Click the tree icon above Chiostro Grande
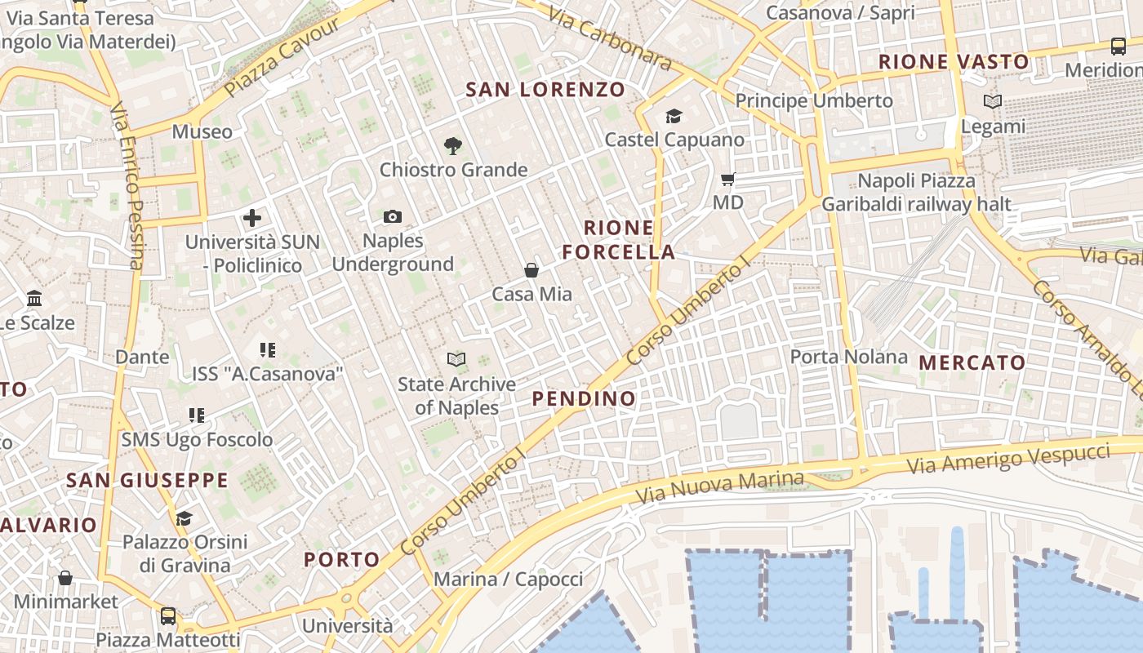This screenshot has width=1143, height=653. click(453, 146)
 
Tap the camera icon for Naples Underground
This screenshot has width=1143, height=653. click(393, 216)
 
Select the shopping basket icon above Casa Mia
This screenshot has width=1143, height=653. click(531, 270)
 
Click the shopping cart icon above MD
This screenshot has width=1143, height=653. click(727, 179)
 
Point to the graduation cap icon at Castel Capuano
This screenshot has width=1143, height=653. click(674, 117)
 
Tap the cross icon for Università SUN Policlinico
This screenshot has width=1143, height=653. click(252, 218)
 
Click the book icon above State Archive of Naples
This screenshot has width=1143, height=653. click(456, 359)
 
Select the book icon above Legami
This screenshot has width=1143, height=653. click(993, 102)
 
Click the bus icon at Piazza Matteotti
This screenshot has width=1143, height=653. click(168, 615)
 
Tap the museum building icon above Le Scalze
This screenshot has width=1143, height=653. click(34, 298)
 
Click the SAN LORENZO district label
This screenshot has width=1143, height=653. click(545, 90)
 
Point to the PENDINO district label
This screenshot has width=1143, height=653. click(584, 398)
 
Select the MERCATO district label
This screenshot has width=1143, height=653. click(972, 362)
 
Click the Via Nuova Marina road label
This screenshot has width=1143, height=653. click(719, 486)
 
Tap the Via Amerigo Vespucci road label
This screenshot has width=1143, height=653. click(1008, 460)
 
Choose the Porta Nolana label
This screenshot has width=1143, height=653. click(848, 357)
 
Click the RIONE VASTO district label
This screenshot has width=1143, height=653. click(953, 62)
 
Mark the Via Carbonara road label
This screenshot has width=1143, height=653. click(608, 38)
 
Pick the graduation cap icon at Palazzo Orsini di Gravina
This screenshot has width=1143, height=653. click(185, 518)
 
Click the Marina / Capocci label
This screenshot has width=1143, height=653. click(508, 580)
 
